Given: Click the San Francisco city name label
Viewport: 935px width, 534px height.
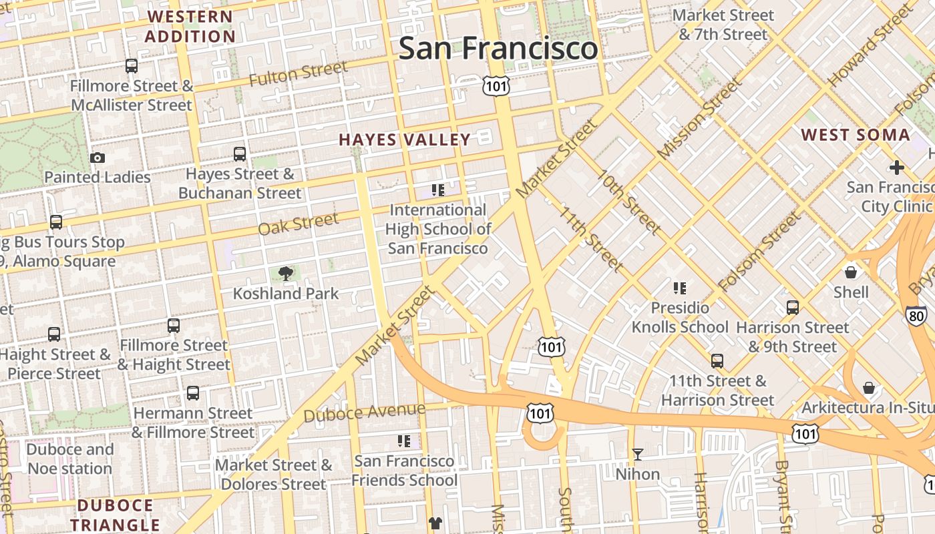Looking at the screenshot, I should (x=498, y=49).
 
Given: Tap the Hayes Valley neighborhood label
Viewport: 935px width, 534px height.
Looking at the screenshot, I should (x=405, y=140).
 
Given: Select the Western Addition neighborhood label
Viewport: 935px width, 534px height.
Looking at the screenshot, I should (x=190, y=27).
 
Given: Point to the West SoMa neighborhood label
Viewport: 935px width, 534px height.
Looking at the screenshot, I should (x=856, y=135).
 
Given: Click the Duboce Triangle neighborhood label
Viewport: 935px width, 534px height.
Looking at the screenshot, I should (x=115, y=515).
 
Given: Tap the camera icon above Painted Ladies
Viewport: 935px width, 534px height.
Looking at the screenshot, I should (x=98, y=158).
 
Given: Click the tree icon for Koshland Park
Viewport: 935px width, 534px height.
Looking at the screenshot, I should (x=286, y=273).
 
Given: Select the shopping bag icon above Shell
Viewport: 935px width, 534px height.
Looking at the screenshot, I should (x=851, y=272).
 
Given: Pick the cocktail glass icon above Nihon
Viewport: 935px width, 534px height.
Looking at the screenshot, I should (x=638, y=455).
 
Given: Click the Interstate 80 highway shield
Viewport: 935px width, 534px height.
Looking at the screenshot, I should (x=916, y=316).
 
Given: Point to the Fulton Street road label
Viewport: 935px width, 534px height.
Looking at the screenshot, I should (x=299, y=73).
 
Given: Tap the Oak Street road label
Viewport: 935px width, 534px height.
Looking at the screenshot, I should (x=298, y=224).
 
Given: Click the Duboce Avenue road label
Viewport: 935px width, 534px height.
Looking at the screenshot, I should (x=364, y=413).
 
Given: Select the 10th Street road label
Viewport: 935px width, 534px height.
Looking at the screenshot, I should (x=628, y=202).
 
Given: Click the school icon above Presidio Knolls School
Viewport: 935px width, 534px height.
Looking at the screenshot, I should (x=680, y=288).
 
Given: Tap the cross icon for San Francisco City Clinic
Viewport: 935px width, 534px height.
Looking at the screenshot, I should (x=896, y=167).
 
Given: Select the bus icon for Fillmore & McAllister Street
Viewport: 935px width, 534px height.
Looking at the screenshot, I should (x=132, y=66).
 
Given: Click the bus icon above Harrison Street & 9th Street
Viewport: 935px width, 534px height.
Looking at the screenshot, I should (x=793, y=308).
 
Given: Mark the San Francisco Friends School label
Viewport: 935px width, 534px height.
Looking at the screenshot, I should (x=405, y=471).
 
